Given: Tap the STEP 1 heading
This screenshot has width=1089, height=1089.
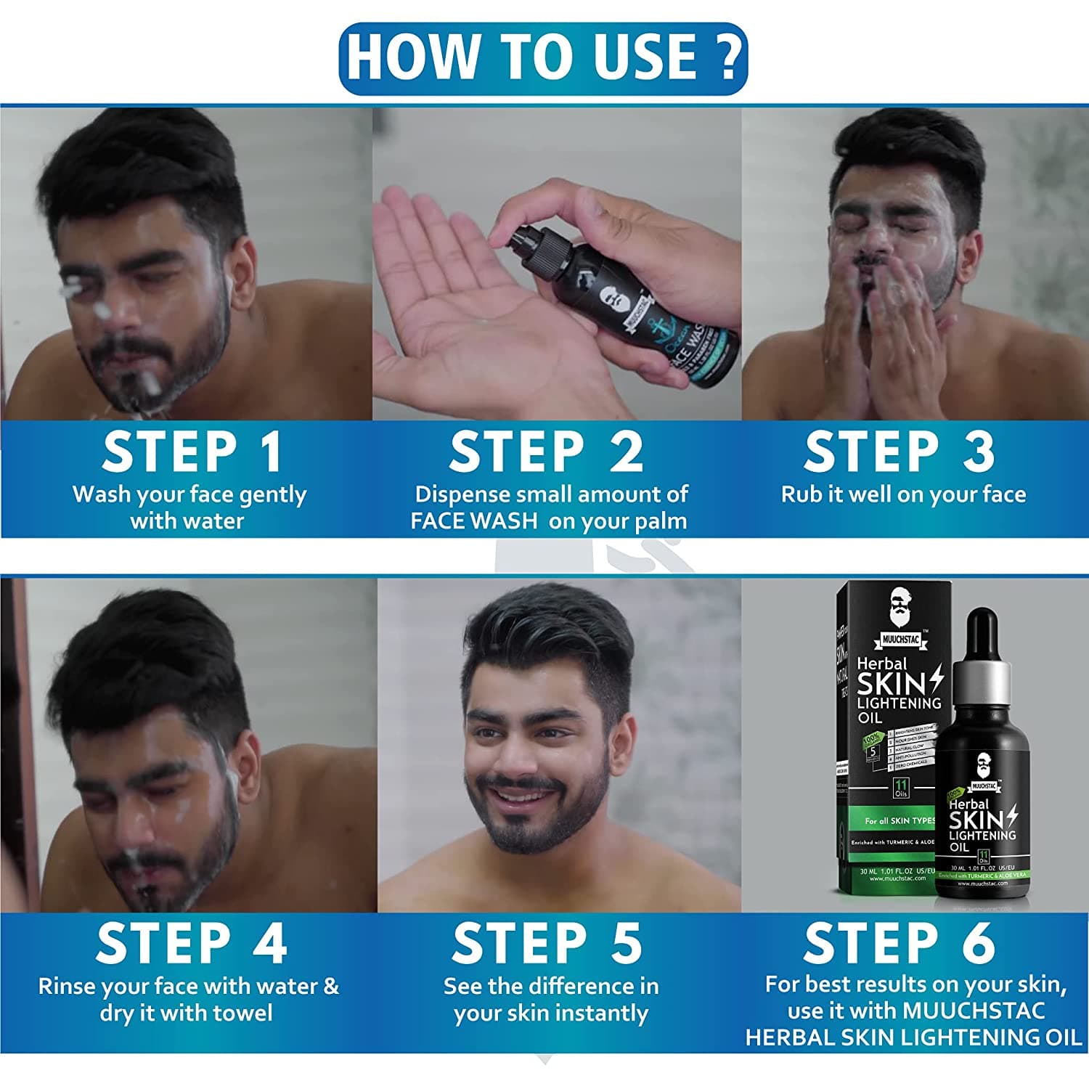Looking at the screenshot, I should pos(192,452).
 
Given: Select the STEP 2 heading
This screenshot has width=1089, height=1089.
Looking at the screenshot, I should pos(546,452).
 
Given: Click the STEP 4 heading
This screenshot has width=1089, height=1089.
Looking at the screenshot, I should pos(192,943).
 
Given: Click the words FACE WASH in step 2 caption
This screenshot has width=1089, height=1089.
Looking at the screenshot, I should pos(473,521).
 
